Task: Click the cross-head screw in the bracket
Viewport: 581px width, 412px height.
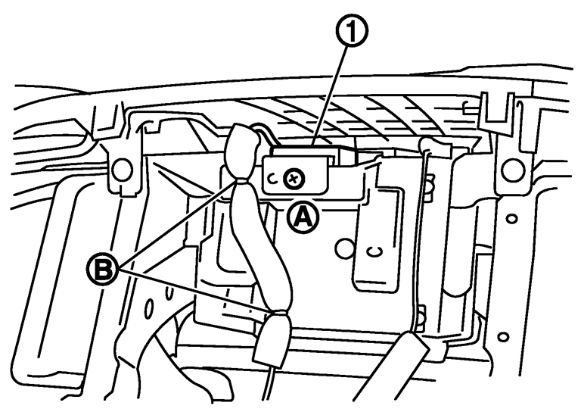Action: pyautogui.click(x=292, y=179)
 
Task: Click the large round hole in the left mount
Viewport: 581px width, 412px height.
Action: pyautogui.click(x=118, y=173)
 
